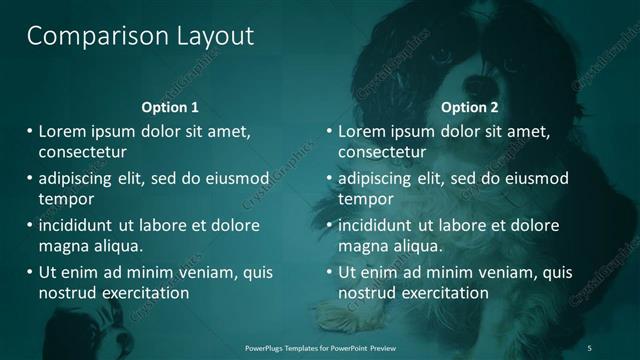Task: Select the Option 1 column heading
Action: (170, 107)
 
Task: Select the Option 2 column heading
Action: (469, 107)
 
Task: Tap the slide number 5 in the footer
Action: (589, 347)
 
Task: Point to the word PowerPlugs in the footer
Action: (267, 347)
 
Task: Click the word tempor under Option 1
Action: (64, 198)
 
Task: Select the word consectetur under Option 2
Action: (382, 153)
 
